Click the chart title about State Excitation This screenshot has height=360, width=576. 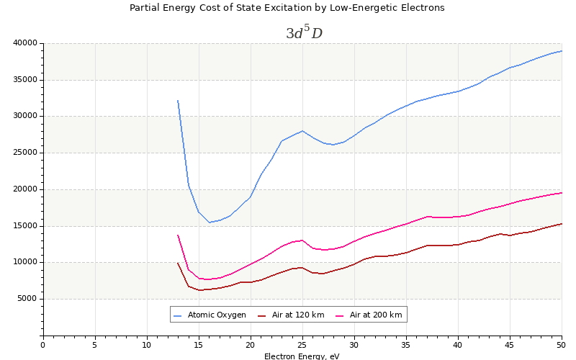tap(287, 8)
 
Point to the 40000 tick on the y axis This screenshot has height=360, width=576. tap(24, 42)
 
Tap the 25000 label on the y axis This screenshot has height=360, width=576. tap(24, 153)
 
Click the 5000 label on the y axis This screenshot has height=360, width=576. tap(27, 299)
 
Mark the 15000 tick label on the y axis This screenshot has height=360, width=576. tap(24, 225)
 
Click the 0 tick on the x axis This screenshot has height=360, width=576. tap(43, 345)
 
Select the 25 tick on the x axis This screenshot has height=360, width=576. tap(302, 345)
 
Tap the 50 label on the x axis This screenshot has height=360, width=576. tap(562, 345)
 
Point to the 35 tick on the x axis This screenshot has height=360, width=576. tap(406, 345)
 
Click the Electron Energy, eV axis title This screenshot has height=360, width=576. tap(302, 356)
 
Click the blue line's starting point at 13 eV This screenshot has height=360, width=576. tap(178, 101)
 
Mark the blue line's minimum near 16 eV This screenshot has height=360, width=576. tap(209, 222)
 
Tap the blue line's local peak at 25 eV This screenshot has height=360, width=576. tap(302, 131)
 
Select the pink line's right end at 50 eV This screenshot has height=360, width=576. tap(562, 192)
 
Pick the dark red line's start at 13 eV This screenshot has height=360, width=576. tap(178, 263)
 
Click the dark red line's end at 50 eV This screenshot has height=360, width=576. tap(562, 223)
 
